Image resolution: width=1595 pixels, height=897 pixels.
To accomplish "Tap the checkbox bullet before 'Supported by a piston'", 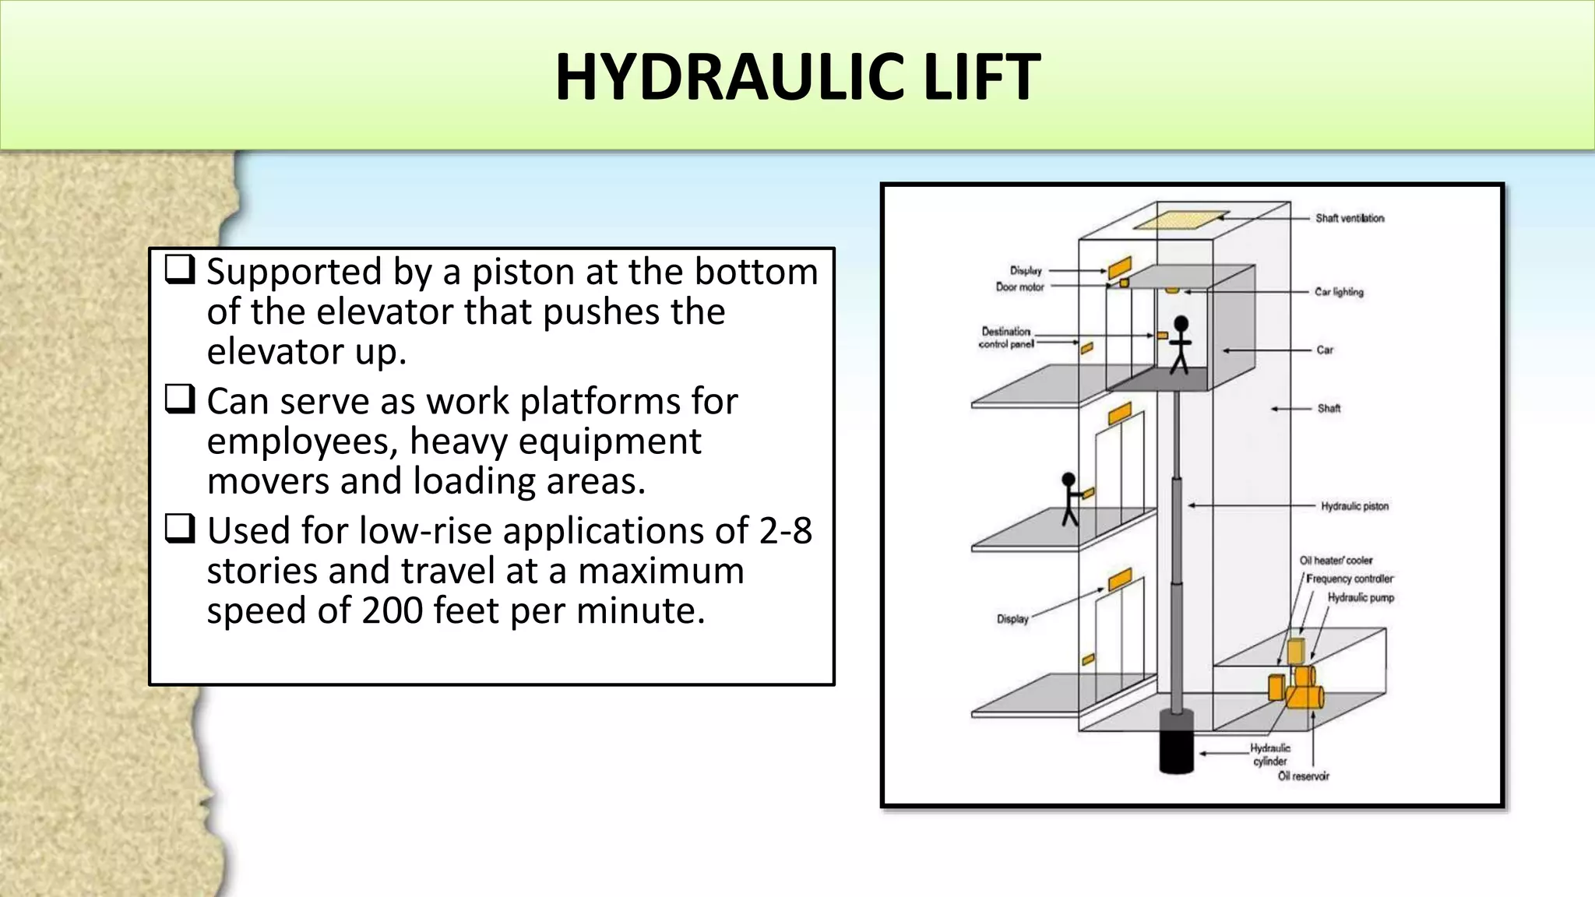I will (x=179, y=270).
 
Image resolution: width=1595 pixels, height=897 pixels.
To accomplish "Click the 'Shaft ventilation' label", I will (x=1350, y=218).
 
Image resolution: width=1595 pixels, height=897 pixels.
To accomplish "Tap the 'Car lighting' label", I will (x=1339, y=292).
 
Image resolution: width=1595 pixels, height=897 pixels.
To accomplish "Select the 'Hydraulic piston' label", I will (x=1354, y=506).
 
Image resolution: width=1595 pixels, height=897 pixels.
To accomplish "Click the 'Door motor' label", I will (x=1019, y=287).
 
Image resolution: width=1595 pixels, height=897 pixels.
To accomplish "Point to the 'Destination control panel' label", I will (x=1005, y=337).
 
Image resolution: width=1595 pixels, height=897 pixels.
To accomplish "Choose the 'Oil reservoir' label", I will (x=1304, y=776).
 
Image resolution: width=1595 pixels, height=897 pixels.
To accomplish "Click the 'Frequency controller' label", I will (x=1349, y=579).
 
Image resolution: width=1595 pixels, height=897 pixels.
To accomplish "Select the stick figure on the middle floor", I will (x=1069, y=499).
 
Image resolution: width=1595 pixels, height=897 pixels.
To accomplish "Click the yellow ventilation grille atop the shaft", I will (x=1181, y=220).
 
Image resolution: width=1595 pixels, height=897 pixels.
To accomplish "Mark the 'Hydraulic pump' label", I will (x=1361, y=597).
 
